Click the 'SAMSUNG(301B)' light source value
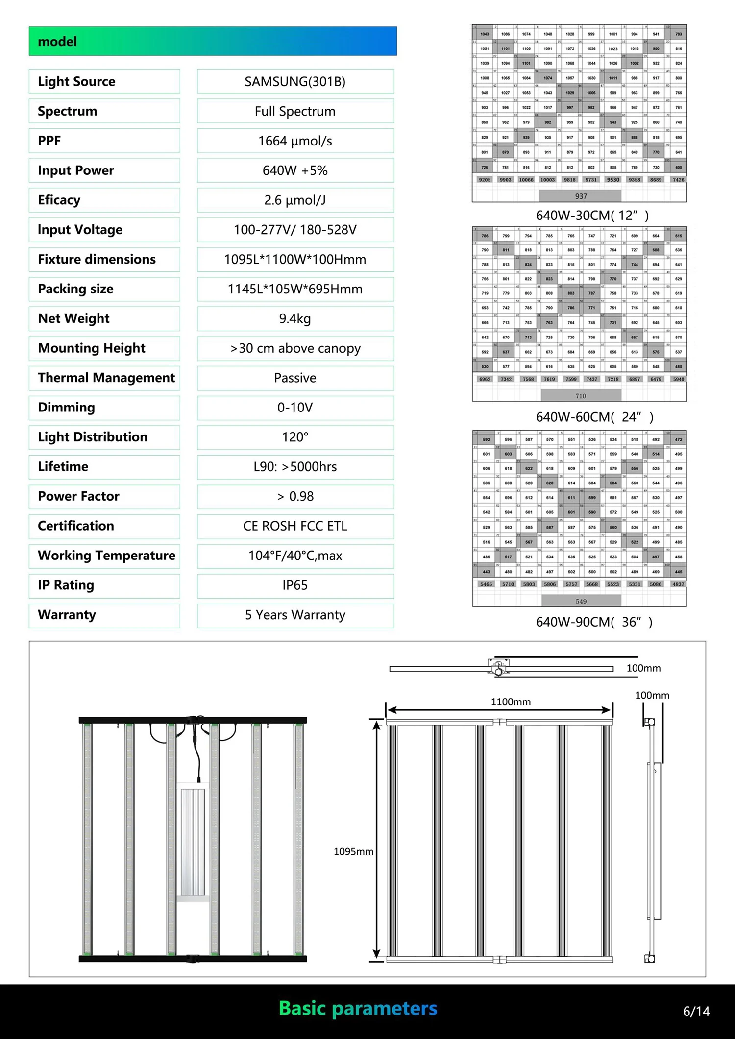[295, 81]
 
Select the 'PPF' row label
[49, 141]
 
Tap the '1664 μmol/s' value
[295, 141]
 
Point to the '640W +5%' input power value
[295, 170]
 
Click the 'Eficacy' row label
[59, 200]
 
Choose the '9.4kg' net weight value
[295, 319]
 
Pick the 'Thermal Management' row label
[106, 378]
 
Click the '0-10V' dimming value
[295, 408]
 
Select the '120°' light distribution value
[295, 437]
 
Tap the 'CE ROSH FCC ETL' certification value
[295, 526]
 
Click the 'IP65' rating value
[295, 585]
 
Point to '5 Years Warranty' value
[295, 615]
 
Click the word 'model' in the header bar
[57, 42]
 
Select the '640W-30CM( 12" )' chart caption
[592, 216]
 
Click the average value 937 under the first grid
[581, 196]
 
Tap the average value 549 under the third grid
[581, 601]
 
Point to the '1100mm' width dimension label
[511, 702]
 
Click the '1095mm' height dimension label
[353, 852]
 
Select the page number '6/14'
[696, 1011]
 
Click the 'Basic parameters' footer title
[358, 1008]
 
